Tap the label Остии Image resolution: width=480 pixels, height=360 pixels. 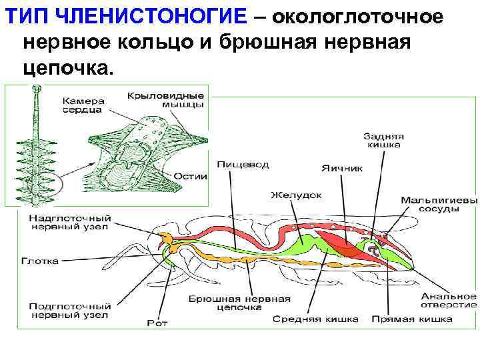pyautogui.click(x=191, y=177)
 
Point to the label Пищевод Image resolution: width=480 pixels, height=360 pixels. pyautogui.click(x=234, y=163)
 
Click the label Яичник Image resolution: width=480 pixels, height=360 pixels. pyautogui.click(x=342, y=168)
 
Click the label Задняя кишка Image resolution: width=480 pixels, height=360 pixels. pyautogui.click(x=384, y=139)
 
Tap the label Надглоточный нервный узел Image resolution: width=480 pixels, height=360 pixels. pyautogui.click(x=70, y=223)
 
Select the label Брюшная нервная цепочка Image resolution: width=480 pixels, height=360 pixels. pyautogui.click(x=225, y=303)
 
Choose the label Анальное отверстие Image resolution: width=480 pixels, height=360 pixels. pyautogui.click(x=448, y=299)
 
